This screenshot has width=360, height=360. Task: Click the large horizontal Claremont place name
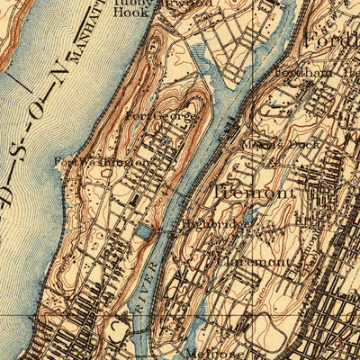coord(256,262)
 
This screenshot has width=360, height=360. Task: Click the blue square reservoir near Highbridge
coord(145,233)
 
